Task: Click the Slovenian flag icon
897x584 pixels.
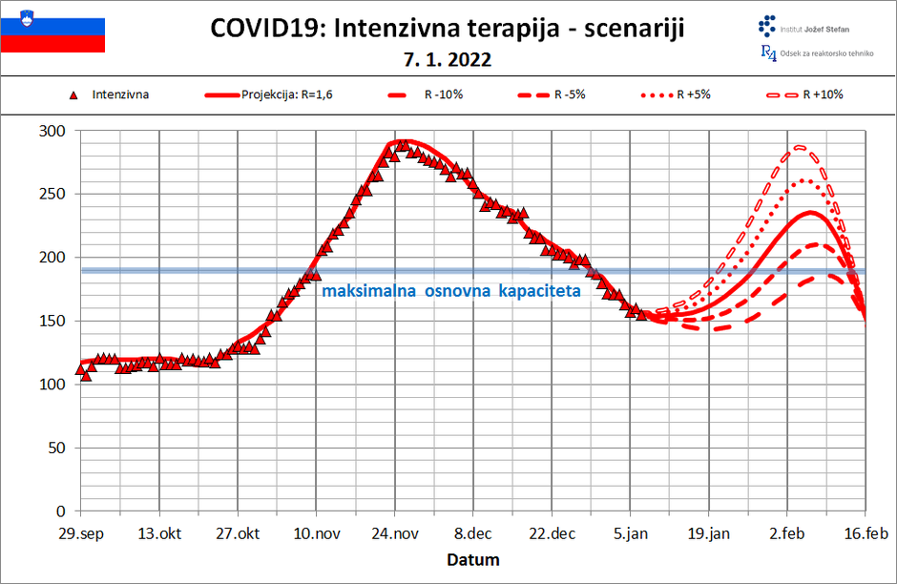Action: point(52,29)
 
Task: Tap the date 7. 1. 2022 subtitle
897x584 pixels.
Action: point(448,59)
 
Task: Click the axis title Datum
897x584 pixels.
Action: point(473,559)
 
